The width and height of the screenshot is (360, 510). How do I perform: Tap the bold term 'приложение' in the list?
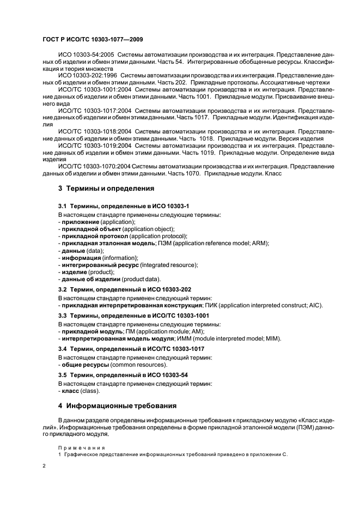pos(78,222)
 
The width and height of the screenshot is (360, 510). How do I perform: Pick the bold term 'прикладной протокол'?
pos(95,236)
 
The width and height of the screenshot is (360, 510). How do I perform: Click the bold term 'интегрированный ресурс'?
pos(100,264)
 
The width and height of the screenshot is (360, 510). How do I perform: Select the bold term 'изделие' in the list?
pos(74,271)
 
